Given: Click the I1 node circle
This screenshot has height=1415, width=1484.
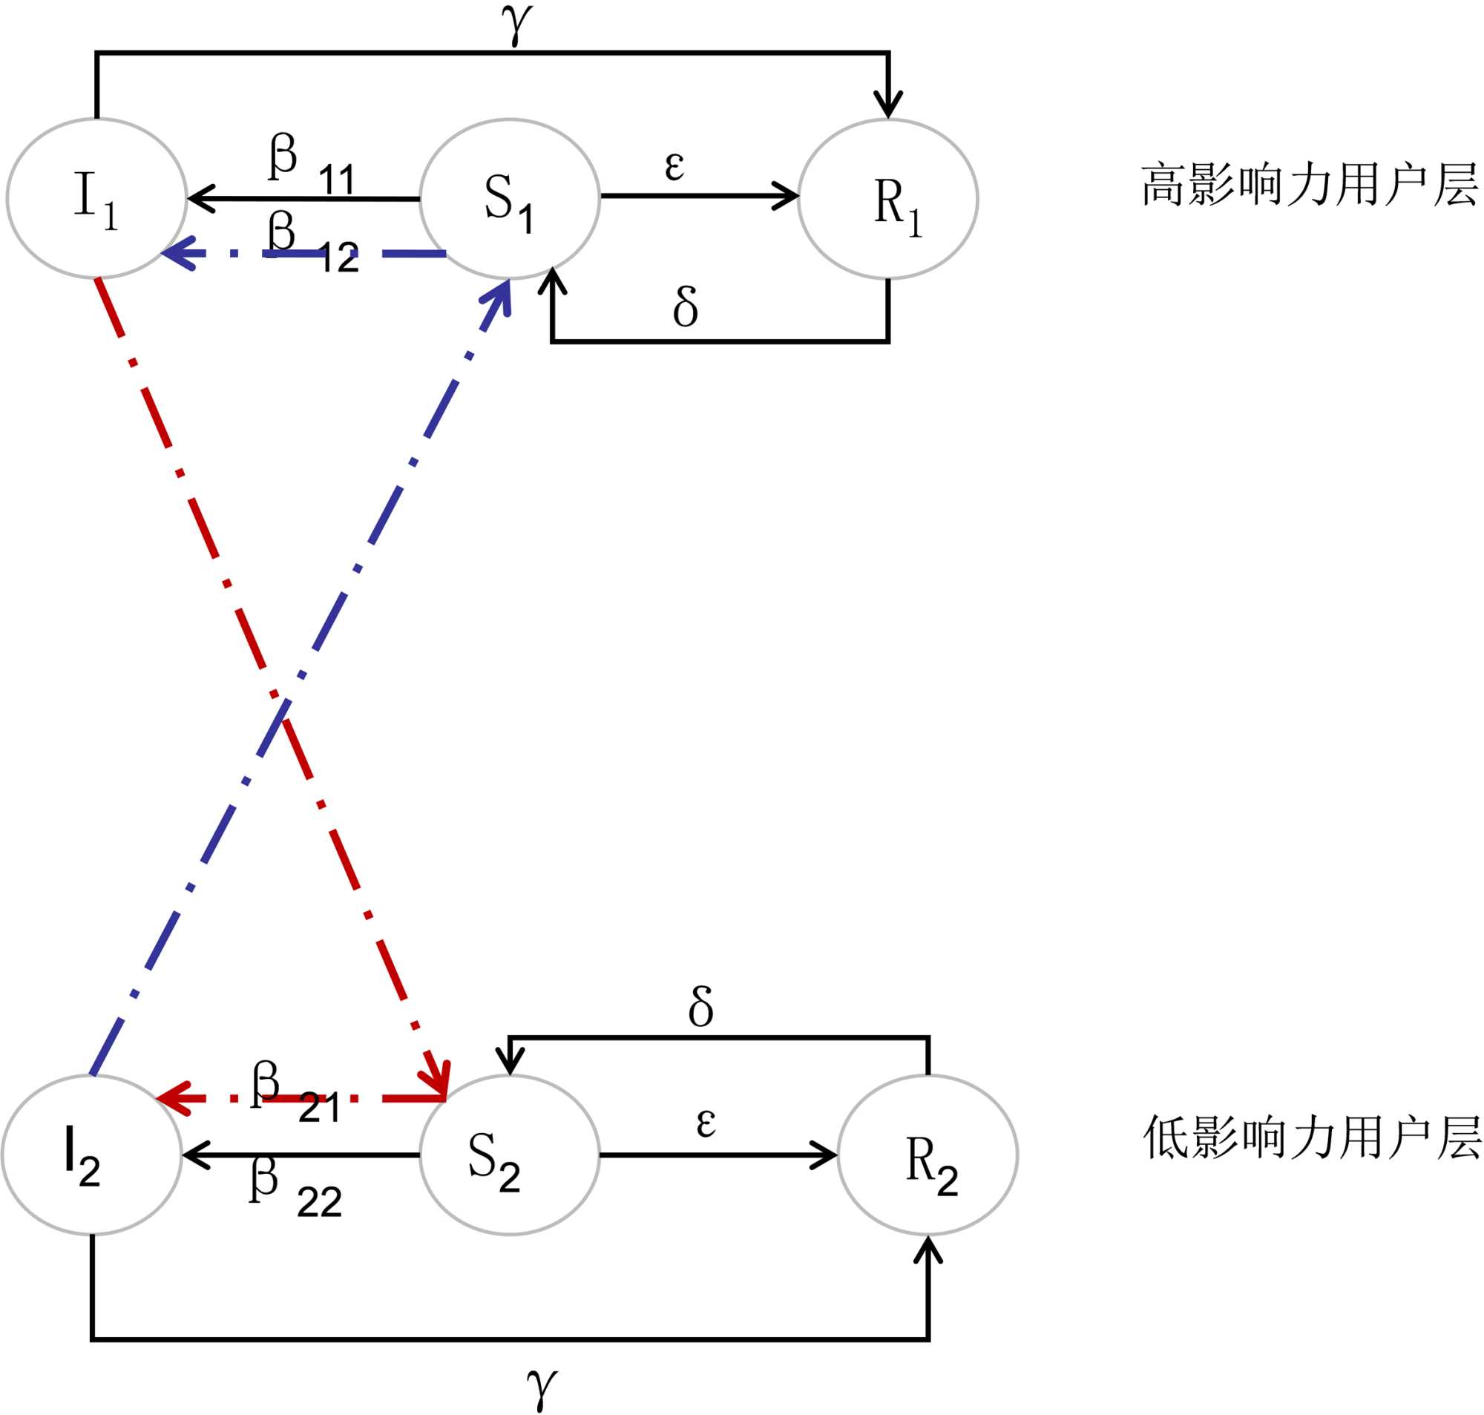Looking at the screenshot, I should tap(96, 198).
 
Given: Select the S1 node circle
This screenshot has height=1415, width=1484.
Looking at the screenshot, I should tap(510, 198).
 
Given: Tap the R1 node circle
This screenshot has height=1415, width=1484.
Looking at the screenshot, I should tap(888, 198).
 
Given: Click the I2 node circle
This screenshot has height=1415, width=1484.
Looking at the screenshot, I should tap(91, 1155).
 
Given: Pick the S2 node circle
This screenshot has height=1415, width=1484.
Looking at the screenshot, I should tap(510, 1155).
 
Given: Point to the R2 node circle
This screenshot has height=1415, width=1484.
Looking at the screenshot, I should tap(927, 1155).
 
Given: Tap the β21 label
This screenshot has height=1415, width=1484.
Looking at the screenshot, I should tap(295, 1092).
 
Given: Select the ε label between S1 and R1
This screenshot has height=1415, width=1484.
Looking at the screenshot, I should tap(675, 165).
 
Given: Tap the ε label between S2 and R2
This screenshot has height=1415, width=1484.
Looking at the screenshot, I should tap(706, 1122).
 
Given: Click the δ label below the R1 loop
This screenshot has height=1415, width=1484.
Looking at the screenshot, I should tap(686, 306).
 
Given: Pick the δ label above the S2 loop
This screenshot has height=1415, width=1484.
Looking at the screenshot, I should tap(700, 1007).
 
